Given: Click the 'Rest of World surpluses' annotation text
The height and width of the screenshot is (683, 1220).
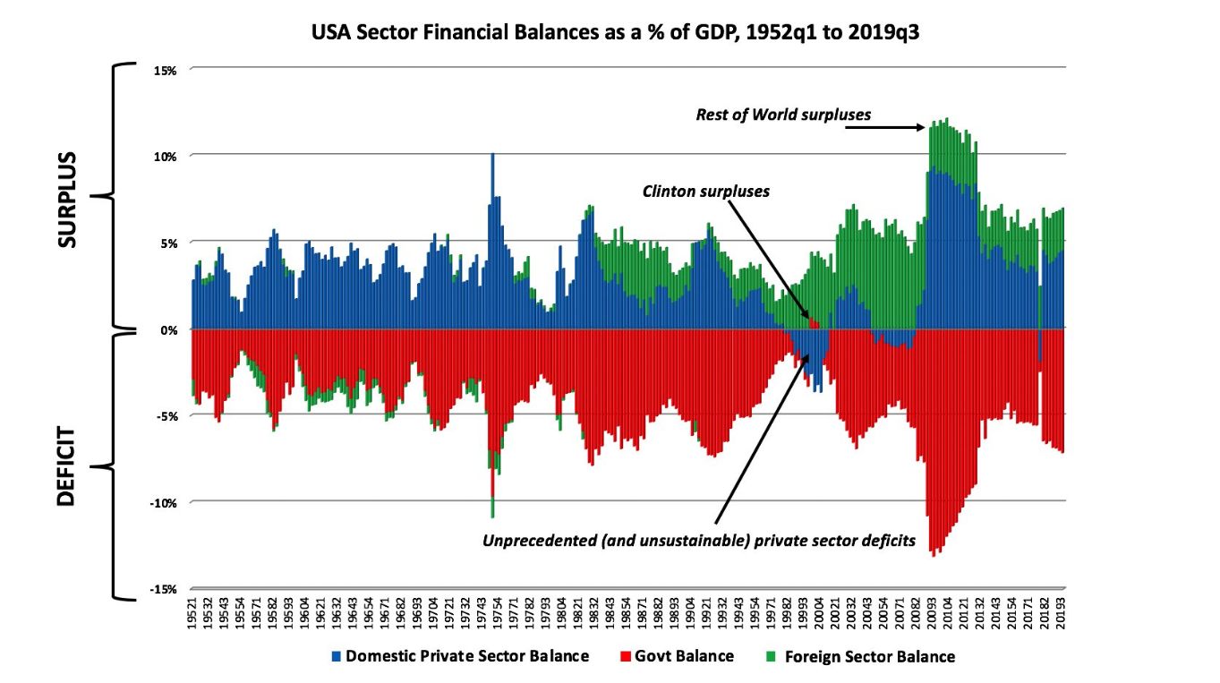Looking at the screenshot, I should pos(783,115).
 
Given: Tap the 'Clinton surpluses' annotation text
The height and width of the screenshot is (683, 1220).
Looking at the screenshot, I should pos(706,192).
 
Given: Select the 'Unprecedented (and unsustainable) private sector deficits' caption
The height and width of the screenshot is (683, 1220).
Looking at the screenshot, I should pos(698,542).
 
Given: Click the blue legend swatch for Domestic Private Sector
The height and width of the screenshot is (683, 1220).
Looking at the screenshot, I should pos(337,656).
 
